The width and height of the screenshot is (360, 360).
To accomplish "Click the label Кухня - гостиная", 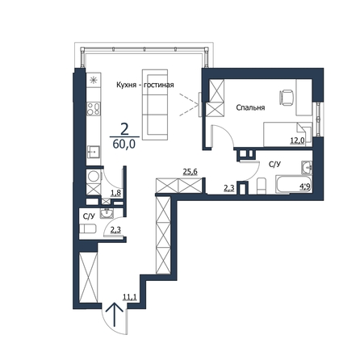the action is click(x=145, y=85).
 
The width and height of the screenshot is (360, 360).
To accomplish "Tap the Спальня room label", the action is click(x=250, y=107).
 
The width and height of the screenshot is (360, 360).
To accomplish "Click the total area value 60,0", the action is click(x=123, y=144).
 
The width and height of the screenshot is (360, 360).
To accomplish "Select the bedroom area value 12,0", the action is click(x=297, y=140).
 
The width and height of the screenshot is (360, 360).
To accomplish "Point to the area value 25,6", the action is click(x=190, y=172).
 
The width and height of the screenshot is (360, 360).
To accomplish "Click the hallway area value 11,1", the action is click(x=130, y=297).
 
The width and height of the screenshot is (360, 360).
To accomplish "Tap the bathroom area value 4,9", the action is click(x=306, y=187).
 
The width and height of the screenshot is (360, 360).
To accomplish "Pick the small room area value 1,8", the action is click(x=115, y=192).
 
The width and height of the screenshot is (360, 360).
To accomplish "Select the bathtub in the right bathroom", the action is click(x=294, y=184).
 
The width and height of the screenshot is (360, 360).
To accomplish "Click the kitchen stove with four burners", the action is click(x=94, y=109).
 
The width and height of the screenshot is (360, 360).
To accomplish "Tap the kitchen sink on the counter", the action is click(x=94, y=152).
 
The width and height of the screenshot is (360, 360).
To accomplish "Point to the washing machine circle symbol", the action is click(x=94, y=177).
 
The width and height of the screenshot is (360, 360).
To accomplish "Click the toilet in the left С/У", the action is click(x=88, y=229).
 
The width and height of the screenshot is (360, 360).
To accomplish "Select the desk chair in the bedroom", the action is click(x=287, y=98).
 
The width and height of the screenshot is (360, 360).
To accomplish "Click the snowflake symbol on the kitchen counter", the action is click(x=94, y=80).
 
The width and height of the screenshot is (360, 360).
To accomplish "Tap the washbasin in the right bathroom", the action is click(x=307, y=167).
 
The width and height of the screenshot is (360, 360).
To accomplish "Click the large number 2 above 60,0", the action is click(x=124, y=130).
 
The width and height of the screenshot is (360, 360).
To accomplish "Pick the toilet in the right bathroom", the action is click(x=262, y=186).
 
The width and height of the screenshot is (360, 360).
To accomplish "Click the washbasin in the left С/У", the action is click(x=107, y=213).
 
